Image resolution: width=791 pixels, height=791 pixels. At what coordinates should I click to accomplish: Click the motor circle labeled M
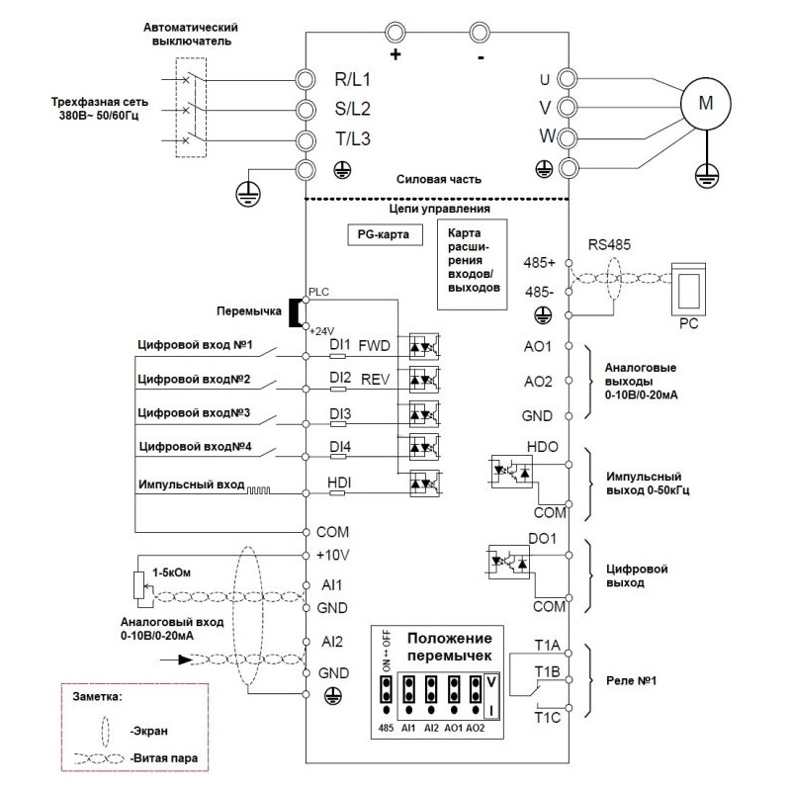(x=706, y=104)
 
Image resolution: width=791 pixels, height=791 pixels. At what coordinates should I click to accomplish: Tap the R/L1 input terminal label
(x=352, y=79)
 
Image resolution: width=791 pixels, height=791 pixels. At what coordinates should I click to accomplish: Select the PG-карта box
(x=385, y=234)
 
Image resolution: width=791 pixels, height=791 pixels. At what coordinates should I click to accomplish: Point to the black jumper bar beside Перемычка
(x=294, y=312)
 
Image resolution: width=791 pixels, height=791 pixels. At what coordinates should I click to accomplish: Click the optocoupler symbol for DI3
(x=424, y=414)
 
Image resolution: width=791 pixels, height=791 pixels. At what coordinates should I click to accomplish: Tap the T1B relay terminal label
(x=548, y=672)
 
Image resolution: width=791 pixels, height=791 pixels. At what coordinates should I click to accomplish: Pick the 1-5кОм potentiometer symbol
(x=139, y=586)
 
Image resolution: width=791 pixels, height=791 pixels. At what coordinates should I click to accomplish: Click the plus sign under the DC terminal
(x=395, y=54)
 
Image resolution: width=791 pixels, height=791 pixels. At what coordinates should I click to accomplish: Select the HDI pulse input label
(x=339, y=483)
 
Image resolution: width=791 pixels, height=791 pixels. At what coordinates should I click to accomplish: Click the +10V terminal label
(x=332, y=555)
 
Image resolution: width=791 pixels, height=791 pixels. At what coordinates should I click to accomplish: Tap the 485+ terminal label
(x=539, y=262)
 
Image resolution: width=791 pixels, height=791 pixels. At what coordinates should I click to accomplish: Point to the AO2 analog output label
(x=538, y=382)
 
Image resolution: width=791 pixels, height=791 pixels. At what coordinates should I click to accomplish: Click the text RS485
(x=609, y=244)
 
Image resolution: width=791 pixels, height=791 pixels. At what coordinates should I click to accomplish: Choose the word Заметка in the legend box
(x=97, y=697)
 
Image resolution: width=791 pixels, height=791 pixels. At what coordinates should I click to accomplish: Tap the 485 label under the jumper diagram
(x=386, y=728)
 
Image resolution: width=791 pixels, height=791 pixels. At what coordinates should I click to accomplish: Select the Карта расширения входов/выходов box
(x=472, y=264)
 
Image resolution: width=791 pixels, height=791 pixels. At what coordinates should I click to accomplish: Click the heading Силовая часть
(x=438, y=179)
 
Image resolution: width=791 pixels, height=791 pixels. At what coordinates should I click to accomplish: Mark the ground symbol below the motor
(x=706, y=176)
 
